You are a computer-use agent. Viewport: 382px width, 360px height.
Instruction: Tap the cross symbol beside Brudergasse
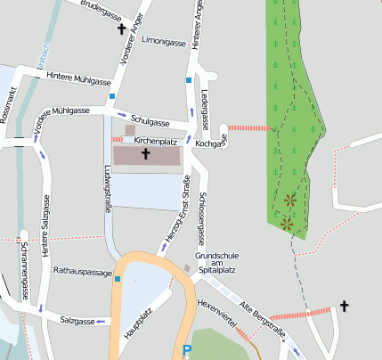click(122, 29)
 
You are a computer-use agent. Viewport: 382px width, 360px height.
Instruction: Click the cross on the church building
click(145, 155)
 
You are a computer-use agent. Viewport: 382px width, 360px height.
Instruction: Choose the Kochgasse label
click(210, 143)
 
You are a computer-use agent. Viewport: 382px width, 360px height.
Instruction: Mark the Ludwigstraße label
click(108, 182)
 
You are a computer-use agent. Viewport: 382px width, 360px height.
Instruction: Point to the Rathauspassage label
click(83, 270)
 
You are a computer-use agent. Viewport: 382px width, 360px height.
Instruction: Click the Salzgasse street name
click(77, 319)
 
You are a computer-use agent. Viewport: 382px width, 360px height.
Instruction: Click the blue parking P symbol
click(186, 351)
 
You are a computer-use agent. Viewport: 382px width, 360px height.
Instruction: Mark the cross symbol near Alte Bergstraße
click(344, 307)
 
